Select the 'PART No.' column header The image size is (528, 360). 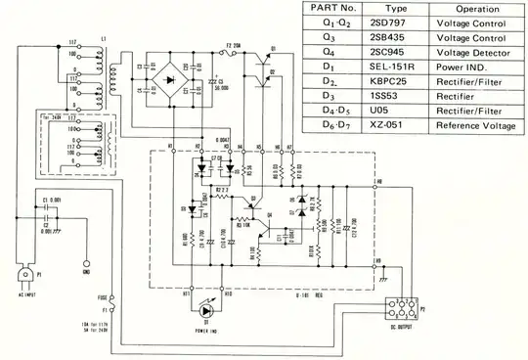pyautogui.click(x=330, y=9)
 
